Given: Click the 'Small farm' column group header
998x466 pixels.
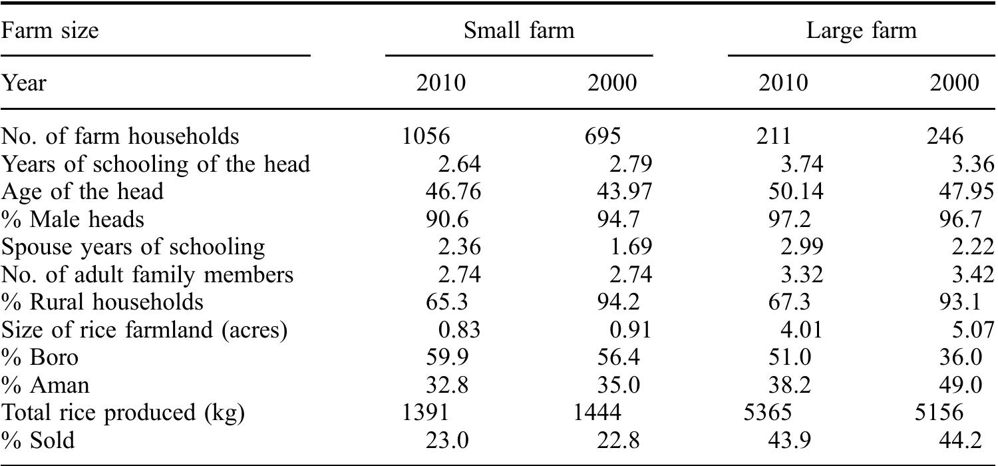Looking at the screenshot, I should point(519,31).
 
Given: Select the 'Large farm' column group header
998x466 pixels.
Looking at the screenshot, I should point(861,31).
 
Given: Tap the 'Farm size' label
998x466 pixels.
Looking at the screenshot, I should point(50,31).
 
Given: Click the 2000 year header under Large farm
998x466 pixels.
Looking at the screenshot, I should point(955,83).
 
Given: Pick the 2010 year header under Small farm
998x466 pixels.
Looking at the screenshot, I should point(441,83).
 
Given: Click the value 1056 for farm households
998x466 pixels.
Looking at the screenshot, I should point(426,136).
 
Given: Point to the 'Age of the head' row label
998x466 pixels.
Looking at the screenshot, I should point(82,192).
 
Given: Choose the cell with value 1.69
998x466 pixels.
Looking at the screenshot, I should point(631,247).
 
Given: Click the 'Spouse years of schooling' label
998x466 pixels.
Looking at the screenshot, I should point(133,247).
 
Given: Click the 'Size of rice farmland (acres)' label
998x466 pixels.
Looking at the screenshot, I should point(144,330).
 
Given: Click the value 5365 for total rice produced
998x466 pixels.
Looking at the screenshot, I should point(768,413).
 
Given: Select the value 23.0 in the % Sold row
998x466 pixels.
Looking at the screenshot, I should point(447,441).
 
